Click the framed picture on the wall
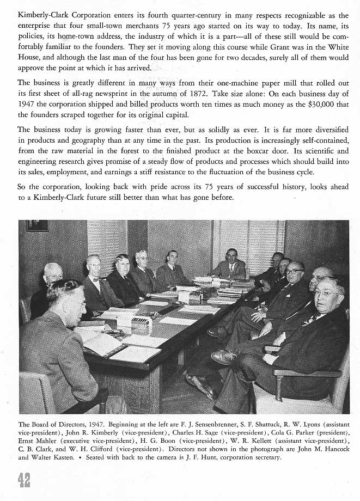pyautogui.click(x=38, y=225)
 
